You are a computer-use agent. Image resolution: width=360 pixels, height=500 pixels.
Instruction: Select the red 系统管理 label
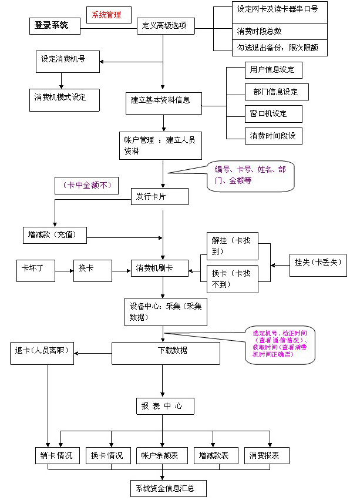coord(107,15)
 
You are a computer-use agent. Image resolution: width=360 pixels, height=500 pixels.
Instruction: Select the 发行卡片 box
coord(159,196)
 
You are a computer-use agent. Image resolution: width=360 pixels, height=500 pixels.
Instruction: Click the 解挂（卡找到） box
coord(232,247)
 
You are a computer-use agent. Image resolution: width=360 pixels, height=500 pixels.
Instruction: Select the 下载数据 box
coord(166,352)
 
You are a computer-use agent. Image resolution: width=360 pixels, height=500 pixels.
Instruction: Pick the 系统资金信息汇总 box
coord(168,488)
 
